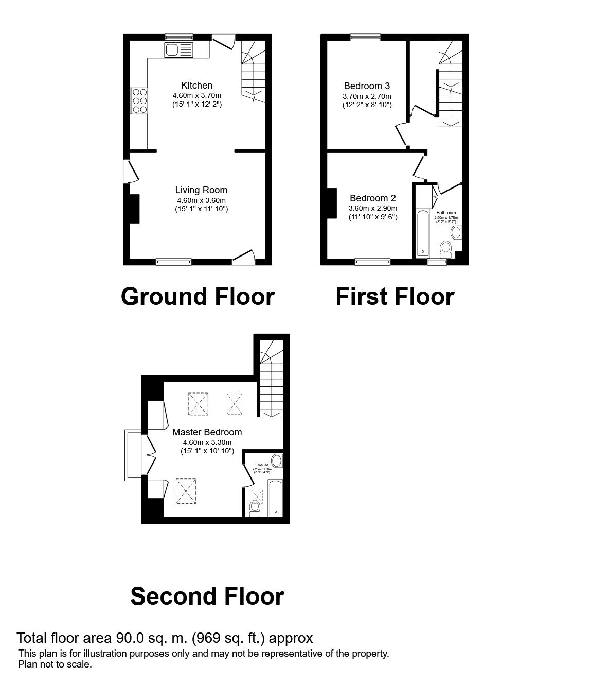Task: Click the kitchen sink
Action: (178, 50)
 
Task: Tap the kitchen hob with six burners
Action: (139, 100)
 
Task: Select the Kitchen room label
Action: (196, 85)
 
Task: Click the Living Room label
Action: (201, 190)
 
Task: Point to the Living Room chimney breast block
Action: (134, 209)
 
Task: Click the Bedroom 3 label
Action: (367, 86)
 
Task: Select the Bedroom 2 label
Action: (372, 198)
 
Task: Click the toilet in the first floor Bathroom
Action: (445, 250)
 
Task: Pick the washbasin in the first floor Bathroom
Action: (456, 232)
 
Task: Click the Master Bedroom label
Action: (207, 432)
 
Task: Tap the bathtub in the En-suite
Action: (276, 498)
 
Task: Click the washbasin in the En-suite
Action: (276, 460)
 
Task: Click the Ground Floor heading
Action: (198, 297)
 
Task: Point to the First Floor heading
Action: (394, 297)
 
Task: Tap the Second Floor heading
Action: (207, 596)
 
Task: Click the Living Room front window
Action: (174, 262)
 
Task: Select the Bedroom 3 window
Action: (365, 37)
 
